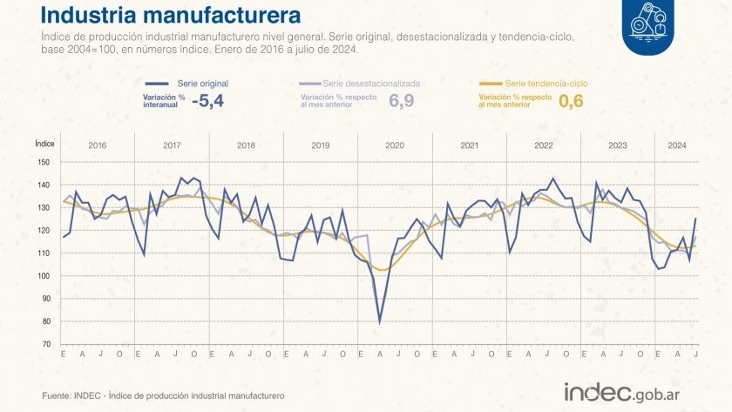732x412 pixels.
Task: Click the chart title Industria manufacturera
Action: pyautogui.click(x=172, y=16)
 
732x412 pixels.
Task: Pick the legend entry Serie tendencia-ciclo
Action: pyautogui.click(x=546, y=83)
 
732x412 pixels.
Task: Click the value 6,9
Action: pyautogui.click(x=401, y=101)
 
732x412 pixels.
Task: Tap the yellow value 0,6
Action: pyautogui.click(x=571, y=101)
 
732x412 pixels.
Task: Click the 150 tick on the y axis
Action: pyautogui.click(x=44, y=162)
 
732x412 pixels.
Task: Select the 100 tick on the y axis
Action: pyautogui.click(x=44, y=276)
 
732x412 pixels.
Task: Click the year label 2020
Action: pyautogui.click(x=395, y=145)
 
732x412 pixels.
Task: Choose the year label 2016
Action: pyautogui.click(x=98, y=145)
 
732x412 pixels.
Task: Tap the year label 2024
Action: pyautogui.click(x=677, y=145)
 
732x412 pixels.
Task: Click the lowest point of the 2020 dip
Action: pyautogui.click(x=379, y=322)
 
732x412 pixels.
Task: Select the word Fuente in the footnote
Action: pyautogui.click(x=56, y=396)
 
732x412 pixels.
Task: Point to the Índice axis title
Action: pyautogui.click(x=45, y=141)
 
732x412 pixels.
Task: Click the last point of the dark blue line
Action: pyautogui.click(x=695, y=219)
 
